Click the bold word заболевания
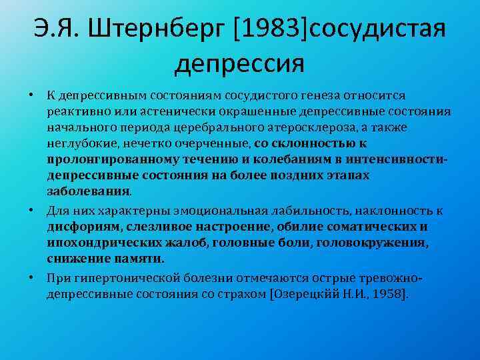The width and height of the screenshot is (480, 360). (x=89, y=190)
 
